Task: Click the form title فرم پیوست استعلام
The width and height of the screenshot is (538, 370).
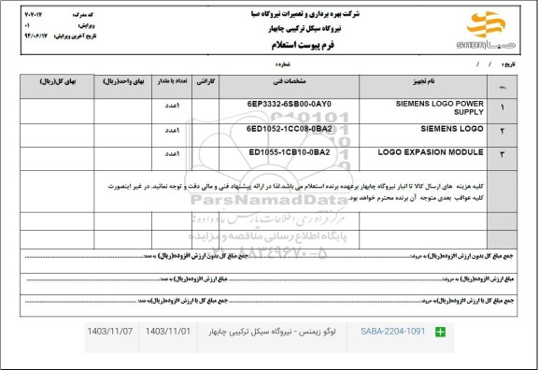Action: pyautogui.click(x=269, y=44)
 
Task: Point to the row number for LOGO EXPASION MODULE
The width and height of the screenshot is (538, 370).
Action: pyautogui.click(x=505, y=153)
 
